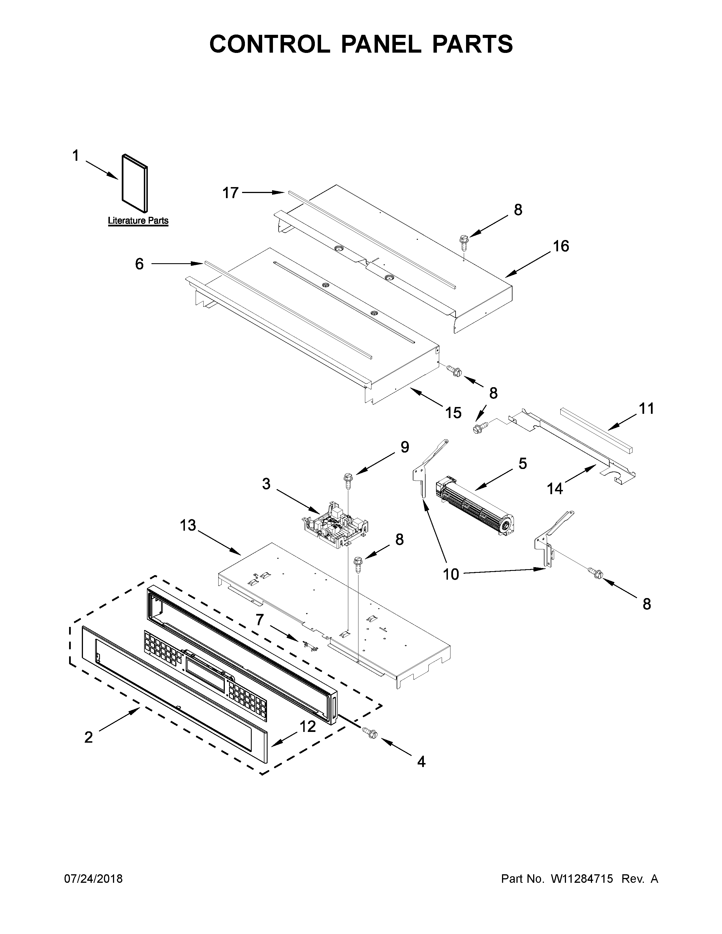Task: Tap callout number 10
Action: click(451, 574)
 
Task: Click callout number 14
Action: click(555, 488)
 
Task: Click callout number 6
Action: click(139, 264)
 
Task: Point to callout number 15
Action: click(453, 413)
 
